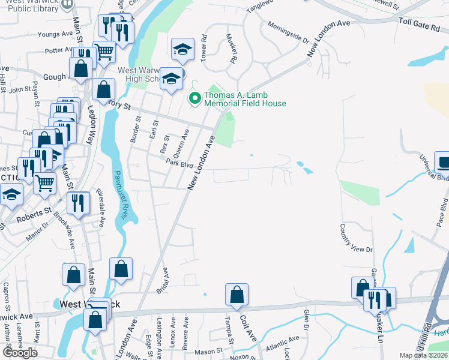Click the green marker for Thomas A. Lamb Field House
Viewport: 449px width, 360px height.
click(x=194, y=97)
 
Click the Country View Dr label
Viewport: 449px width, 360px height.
click(x=356, y=239)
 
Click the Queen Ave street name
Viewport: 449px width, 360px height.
click(x=181, y=142)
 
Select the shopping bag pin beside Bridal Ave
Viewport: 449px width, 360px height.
click(x=121, y=269)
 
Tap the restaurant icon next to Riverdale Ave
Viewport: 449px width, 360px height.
click(x=79, y=202)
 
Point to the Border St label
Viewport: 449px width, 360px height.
click(x=135, y=129)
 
